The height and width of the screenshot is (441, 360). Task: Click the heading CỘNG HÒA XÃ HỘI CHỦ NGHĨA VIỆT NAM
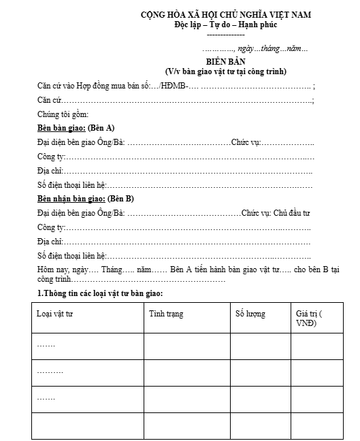(x=225, y=15)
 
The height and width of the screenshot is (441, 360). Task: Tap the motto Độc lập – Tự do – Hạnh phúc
(x=225, y=25)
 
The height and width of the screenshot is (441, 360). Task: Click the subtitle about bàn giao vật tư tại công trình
(x=225, y=71)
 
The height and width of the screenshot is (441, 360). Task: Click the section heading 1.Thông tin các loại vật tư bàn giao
(x=100, y=293)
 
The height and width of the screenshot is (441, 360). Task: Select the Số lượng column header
(x=250, y=314)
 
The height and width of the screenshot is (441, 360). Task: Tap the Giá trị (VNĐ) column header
(x=310, y=318)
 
